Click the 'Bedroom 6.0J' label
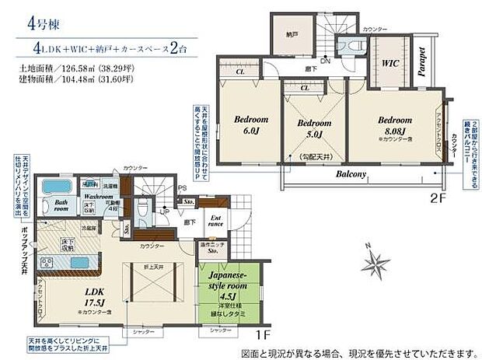pos(250,126)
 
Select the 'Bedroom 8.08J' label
pos(395,125)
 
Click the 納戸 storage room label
pos(290,34)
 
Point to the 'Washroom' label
pos(100,197)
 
